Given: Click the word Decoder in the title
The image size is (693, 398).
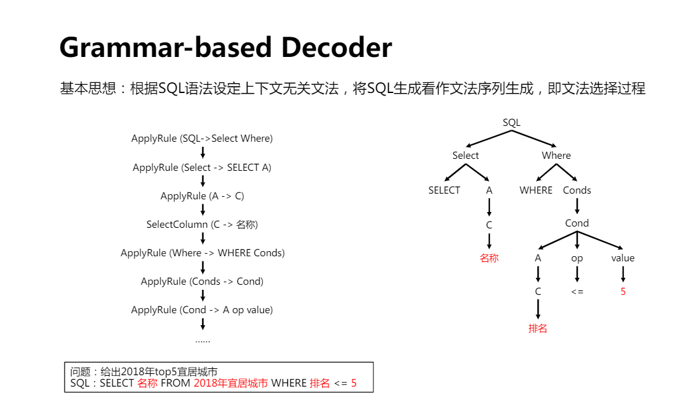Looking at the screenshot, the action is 336,47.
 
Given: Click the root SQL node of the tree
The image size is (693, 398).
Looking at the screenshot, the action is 511,122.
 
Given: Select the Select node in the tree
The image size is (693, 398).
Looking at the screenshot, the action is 465,156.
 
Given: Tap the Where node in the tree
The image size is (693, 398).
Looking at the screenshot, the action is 556,156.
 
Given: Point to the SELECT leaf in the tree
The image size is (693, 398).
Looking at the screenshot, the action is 444,190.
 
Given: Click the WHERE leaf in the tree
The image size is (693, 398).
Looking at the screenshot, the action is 535,190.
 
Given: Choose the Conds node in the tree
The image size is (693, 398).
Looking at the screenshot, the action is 577,190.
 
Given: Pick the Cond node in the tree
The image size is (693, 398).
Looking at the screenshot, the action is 577,223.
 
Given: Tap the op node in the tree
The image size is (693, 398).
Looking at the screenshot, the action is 577,258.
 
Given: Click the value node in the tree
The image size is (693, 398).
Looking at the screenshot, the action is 623,258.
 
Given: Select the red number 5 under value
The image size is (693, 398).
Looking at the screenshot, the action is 623,292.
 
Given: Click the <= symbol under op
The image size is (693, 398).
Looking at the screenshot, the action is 577,292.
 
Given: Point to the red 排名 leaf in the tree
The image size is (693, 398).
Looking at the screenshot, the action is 537,328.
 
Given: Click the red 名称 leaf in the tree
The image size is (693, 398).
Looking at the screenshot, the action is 489,258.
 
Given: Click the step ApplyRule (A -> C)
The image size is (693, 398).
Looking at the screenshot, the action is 203,196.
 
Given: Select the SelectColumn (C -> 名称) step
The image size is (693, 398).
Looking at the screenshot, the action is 202,225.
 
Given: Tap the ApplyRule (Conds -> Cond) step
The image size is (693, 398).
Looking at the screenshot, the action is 202,282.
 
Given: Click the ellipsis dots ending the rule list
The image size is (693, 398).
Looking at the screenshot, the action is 203,341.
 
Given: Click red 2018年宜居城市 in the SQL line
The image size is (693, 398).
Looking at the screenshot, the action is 231,383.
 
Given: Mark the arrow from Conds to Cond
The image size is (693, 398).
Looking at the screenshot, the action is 577,206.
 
